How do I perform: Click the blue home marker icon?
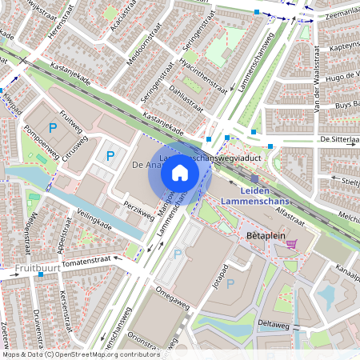click(x=180, y=173)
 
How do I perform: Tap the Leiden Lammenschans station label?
click(x=254, y=195)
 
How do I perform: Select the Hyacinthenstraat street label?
click(x=200, y=76)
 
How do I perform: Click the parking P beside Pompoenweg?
click(x=54, y=127)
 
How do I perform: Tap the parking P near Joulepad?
click(x=230, y=283)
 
